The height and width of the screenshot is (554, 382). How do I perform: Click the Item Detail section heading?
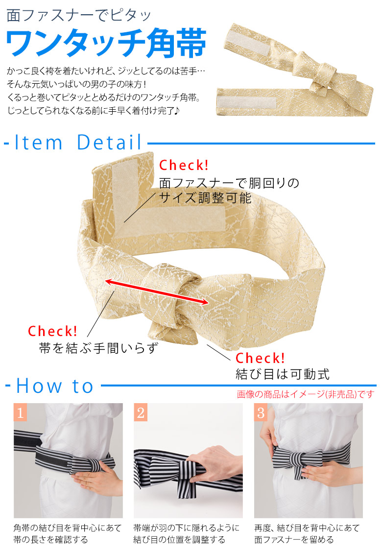(x=78, y=143)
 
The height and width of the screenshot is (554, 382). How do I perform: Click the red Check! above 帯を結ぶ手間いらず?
(x=53, y=331)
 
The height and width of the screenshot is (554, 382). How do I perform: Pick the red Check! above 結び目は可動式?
(x=261, y=358)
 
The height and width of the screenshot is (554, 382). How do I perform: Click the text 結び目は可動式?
(x=283, y=374)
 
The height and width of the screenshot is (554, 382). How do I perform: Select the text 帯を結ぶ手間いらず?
(x=99, y=348)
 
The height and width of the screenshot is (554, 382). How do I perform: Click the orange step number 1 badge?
(x=20, y=412)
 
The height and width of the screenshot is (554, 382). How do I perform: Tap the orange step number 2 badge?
(x=141, y=412)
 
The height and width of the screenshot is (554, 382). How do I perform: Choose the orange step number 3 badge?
(x=261, y=412)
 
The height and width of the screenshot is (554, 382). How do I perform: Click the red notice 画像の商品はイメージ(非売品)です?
(x=306, y=394)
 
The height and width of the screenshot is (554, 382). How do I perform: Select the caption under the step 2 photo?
(x=187, y=533)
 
